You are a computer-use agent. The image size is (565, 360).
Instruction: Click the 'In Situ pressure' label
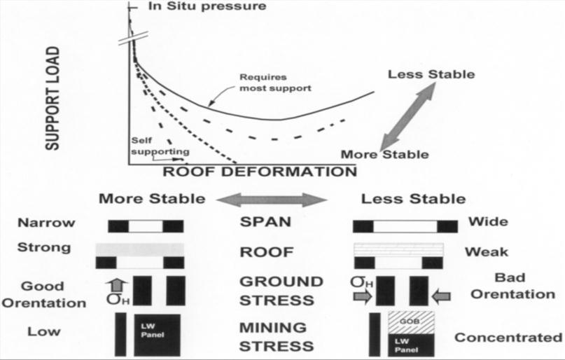coord(197,6)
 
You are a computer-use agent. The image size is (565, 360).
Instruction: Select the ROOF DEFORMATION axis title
coord(259,171)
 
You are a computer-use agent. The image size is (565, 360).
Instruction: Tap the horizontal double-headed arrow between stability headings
coord(272,200)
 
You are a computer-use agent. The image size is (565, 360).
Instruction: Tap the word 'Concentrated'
coord(503,338)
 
